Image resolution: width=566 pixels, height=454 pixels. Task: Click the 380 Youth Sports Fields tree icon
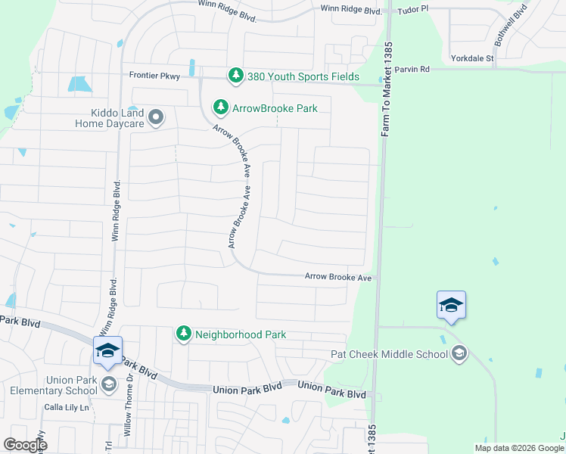236,75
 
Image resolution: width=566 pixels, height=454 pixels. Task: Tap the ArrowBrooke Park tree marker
220,108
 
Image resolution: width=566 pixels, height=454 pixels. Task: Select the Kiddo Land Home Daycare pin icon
157,117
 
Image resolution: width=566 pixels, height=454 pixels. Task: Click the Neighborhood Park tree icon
183,334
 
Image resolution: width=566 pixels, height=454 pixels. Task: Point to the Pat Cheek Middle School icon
459,353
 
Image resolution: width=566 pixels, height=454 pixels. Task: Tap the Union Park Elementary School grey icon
108,384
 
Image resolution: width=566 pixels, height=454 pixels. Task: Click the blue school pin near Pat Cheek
451,305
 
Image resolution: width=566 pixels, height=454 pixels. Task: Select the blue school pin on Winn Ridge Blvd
107,350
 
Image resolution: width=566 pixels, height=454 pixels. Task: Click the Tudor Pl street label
415,8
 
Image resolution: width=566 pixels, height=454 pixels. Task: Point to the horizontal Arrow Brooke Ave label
338,278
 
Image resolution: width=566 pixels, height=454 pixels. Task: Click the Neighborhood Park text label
241,334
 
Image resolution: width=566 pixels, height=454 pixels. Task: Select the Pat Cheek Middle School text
390,353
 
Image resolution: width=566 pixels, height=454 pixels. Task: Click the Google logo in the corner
25,444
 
